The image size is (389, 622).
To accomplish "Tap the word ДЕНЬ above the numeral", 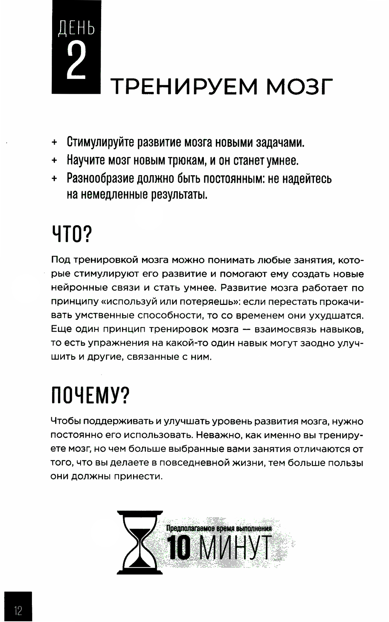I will [76, 29].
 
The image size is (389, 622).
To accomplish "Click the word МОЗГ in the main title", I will [299, 86].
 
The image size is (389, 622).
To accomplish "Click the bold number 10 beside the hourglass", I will [179, 549].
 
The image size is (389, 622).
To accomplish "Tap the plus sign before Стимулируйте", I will [54, 143].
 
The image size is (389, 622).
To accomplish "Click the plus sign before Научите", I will [54, 161].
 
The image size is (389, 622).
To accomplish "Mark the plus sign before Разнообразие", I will [54, 179].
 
